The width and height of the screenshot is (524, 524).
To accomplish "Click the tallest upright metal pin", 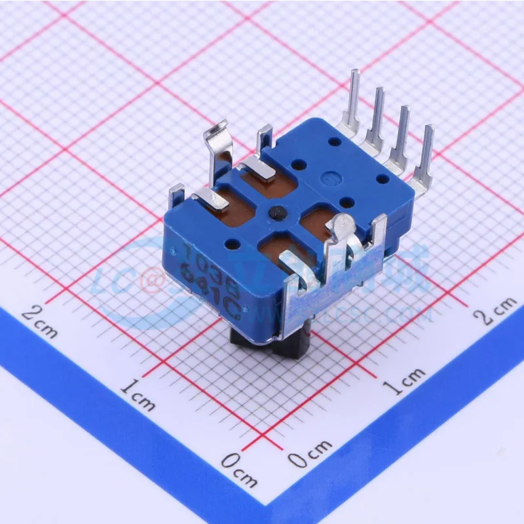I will tap(352, 98).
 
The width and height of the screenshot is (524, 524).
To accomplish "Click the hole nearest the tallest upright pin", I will tap(334, 141).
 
